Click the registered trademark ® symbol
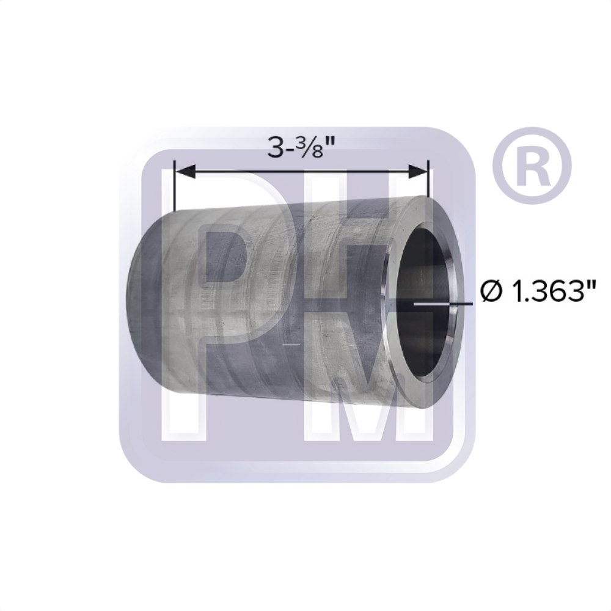(531, 166)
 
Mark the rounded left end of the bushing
(137, 299)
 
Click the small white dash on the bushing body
(293, 345)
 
